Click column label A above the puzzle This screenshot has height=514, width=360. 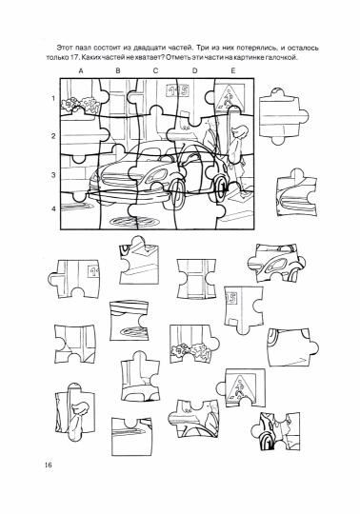81,70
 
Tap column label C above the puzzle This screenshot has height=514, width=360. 155,70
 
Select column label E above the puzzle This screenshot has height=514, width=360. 233,70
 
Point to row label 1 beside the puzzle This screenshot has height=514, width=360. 53,98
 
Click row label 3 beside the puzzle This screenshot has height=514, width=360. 53,175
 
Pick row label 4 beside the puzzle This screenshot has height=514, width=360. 53,208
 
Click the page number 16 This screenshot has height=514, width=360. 49,465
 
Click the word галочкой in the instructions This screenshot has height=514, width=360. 283,58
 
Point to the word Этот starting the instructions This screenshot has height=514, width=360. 64,48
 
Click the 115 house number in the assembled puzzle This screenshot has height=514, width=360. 178,90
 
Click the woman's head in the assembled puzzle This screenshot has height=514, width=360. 238,131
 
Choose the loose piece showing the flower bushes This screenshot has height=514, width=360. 194,344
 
